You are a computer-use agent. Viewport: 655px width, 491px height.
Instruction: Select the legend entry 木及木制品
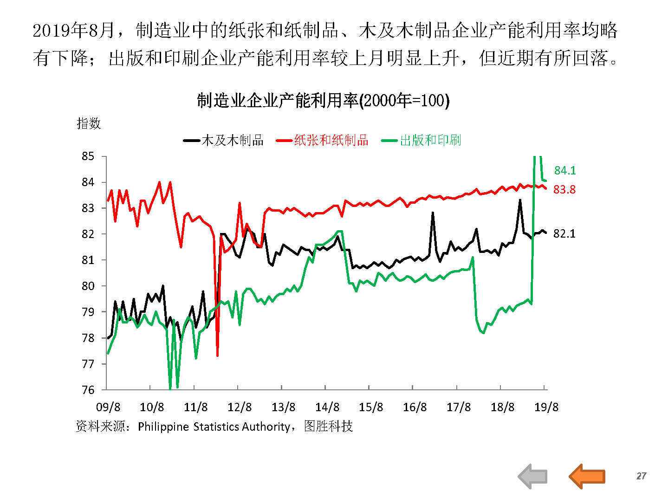232,140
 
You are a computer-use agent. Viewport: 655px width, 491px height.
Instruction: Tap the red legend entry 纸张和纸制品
331,140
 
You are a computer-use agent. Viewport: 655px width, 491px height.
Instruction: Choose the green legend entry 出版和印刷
430,140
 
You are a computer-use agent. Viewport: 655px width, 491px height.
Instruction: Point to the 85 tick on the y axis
88,156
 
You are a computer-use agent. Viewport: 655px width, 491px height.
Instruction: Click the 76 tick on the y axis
88,390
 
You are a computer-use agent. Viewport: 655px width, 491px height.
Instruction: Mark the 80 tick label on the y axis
88,286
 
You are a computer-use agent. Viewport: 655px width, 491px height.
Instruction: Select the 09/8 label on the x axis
108,407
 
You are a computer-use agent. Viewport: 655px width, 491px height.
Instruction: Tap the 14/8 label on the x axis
327,407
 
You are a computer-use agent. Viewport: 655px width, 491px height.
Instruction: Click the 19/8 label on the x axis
546,407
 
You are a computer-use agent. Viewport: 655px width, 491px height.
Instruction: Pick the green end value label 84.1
565,171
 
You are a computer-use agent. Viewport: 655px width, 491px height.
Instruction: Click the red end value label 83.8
564,189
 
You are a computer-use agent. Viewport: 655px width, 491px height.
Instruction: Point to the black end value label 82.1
564,233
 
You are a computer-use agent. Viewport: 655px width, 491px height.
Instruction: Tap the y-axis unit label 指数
89,123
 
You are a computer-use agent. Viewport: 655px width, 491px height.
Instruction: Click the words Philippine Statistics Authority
214,426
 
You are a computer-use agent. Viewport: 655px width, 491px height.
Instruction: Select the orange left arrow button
587,476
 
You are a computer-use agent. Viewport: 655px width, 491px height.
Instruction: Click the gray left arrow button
532,476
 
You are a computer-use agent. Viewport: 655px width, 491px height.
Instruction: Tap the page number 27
641,476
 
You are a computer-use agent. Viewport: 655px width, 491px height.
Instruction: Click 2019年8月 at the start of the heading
73,31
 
